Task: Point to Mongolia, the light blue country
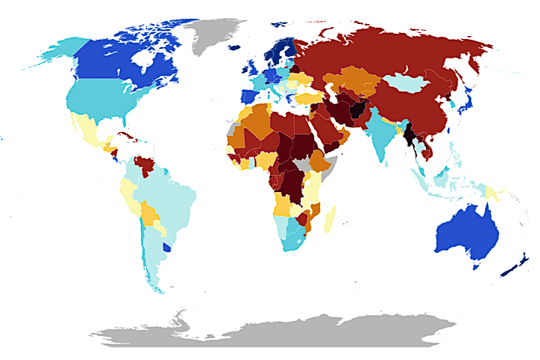[409, 82]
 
